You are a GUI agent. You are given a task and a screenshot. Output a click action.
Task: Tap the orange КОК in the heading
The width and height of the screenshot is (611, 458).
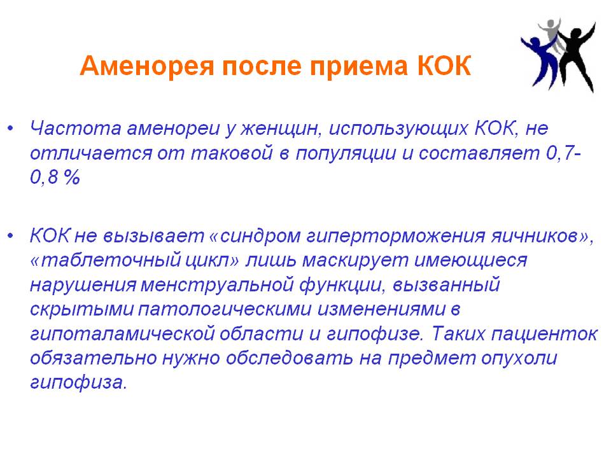(x=444, y=66)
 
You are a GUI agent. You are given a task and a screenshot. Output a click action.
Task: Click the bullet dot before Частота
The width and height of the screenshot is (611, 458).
(x=11, y=128)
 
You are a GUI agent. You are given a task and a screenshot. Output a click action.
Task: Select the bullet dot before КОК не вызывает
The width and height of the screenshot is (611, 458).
(x=11, y=235)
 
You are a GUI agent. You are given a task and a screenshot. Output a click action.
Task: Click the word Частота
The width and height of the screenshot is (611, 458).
(x=76, y=128)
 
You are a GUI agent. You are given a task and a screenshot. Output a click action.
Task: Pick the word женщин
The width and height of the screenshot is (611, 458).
(x=281, y=129)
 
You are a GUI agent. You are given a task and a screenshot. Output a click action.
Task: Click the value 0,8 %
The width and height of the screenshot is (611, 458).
(x=55, y=177)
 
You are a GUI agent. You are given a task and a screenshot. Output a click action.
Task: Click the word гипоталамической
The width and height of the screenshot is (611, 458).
(x=122, y=334)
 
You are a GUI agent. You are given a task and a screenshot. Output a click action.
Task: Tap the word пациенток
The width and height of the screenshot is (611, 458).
(x=544, y=334)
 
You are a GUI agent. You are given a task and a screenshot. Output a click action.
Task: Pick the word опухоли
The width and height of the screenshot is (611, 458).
(x=519, y=358)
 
